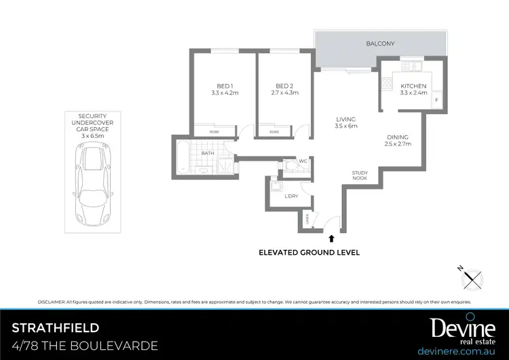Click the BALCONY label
[380, 43]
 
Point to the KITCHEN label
[413, 86]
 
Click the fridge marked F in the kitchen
[436, 101]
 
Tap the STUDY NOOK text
[360, 175]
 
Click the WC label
[303, 161]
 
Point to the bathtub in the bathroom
[183, 158]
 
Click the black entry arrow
[331, 238]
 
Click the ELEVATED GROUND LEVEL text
[309, 252]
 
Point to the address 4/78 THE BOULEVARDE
[85, 346]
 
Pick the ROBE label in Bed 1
[214, 131]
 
